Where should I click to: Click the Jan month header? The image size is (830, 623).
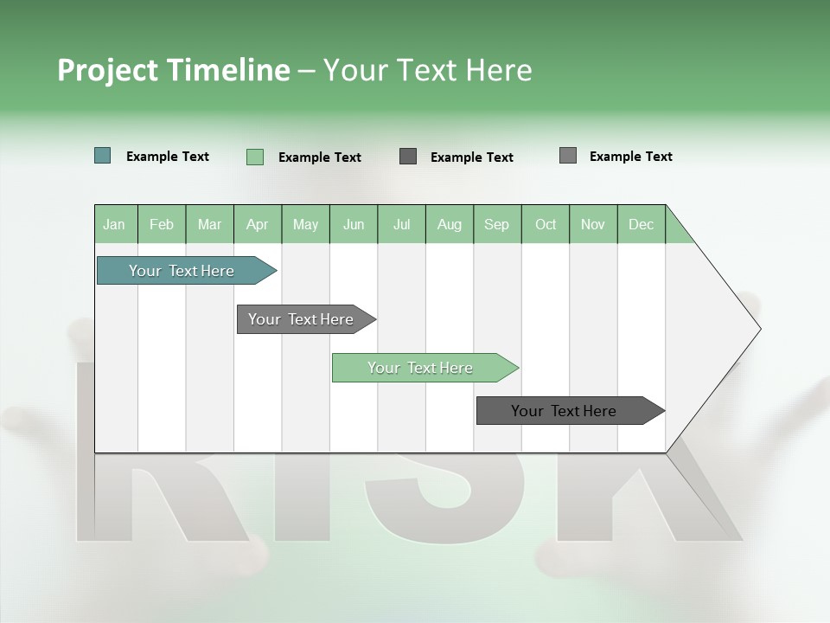[115, 224]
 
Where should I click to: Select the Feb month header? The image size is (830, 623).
[162, 224]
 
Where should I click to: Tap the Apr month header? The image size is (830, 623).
[258, 224]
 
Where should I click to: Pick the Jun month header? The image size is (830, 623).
[354, 224]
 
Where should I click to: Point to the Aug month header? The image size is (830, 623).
[450, 224]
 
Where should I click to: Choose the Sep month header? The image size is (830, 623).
[497, 224]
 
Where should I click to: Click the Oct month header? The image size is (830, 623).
[546, 224]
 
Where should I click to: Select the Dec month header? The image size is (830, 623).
[642, 224]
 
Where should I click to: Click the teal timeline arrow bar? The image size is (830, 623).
[182, 271]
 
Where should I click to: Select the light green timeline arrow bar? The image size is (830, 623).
[421, 368]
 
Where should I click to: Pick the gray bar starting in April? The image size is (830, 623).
[302, 319]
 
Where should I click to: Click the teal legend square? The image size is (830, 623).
[103, 156]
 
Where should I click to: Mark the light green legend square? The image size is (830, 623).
[255, 157]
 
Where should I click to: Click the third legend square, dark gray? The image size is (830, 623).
[408, 156]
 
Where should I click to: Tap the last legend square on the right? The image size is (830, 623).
[568, 156]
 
